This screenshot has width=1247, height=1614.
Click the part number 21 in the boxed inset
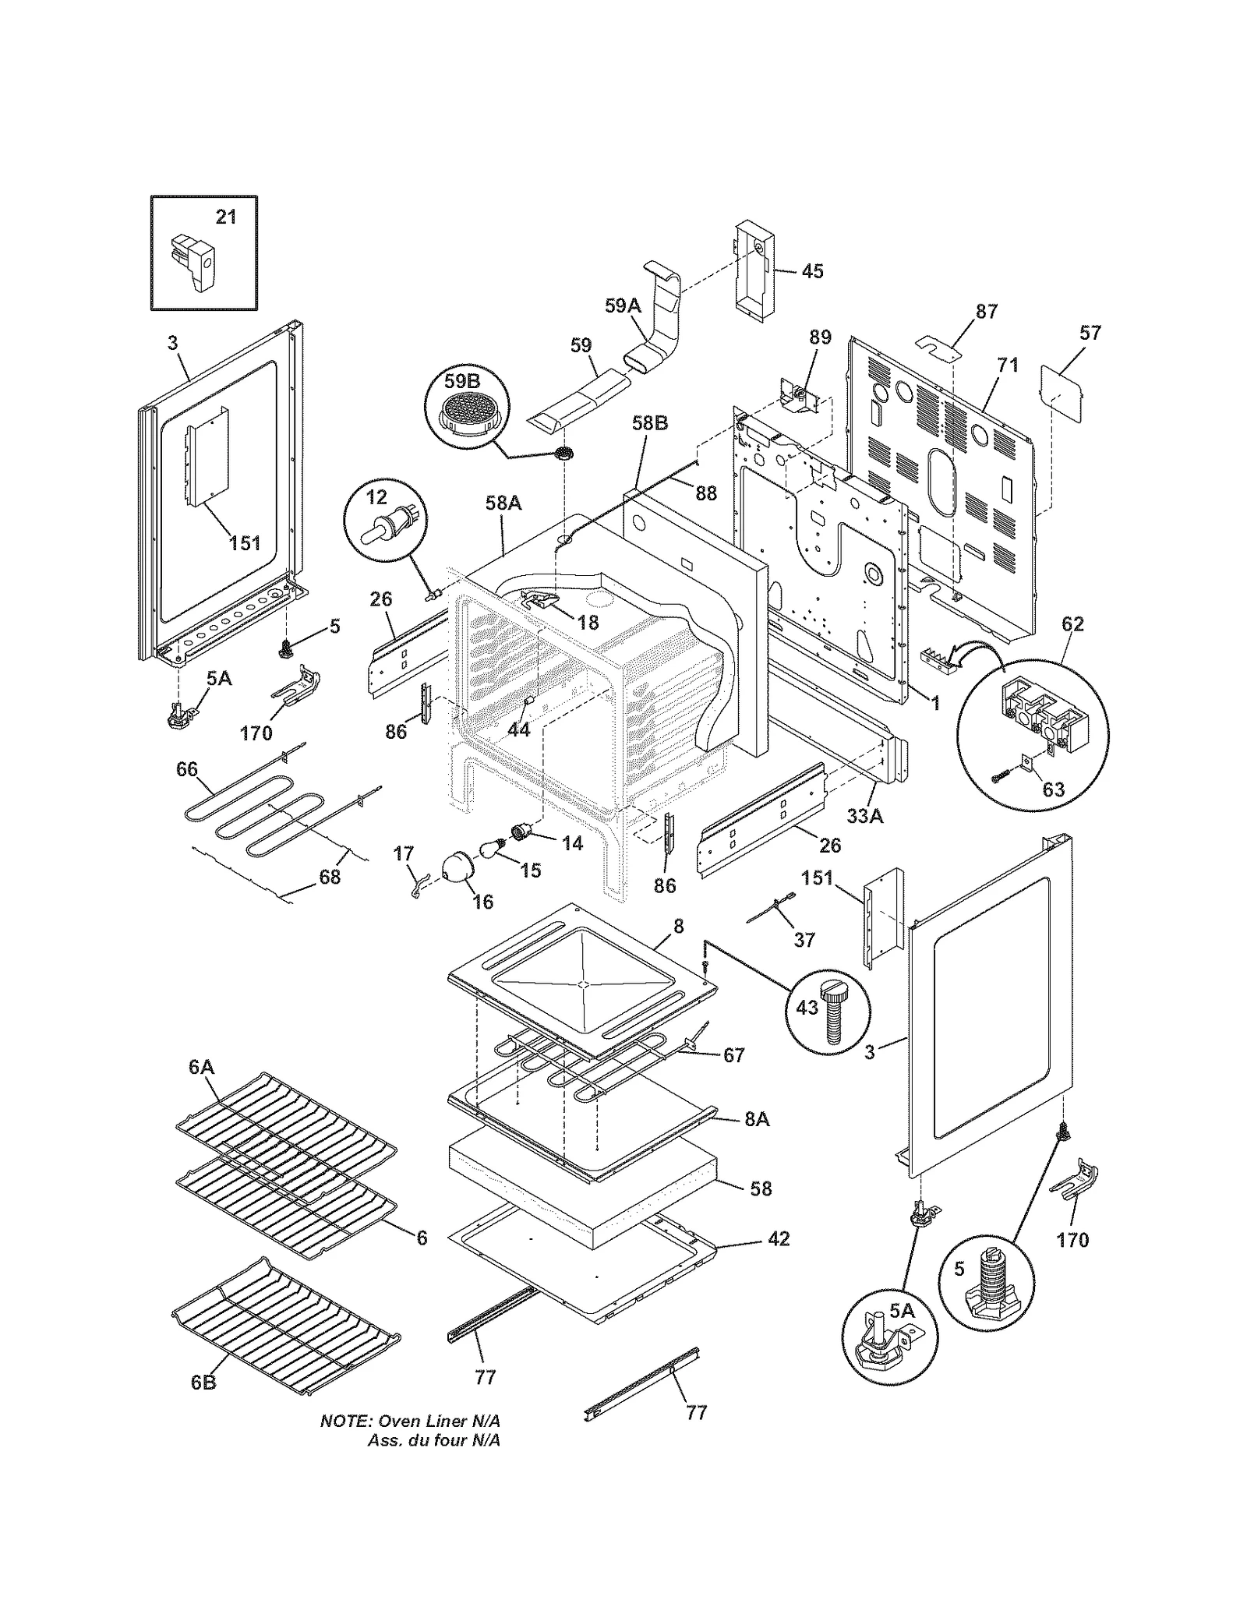[x=226, y=217]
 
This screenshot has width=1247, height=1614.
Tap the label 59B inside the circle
[x=461, y=381]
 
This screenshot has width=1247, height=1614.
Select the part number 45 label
[x=812, y=271]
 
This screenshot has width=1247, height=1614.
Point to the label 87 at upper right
[x=986, y=312]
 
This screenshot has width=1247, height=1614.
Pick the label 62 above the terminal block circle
[x=1072, y=624]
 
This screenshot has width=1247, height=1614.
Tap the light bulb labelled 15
[x=490, y=848]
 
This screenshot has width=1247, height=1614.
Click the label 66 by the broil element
[x=187, y=770]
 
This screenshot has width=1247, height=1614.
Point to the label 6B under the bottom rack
[x=203, y=1383]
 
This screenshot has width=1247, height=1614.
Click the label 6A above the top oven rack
[x=201, y=1067]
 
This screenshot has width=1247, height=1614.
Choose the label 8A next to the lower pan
[x=756, y=1119]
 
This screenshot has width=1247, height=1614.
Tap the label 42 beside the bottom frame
[x=779, y=1238]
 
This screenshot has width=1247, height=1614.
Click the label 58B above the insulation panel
[x=649, y=424]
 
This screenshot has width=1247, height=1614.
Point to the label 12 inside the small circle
[x=376, y=498]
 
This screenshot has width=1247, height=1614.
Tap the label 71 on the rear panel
[x=1008, y=365]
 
